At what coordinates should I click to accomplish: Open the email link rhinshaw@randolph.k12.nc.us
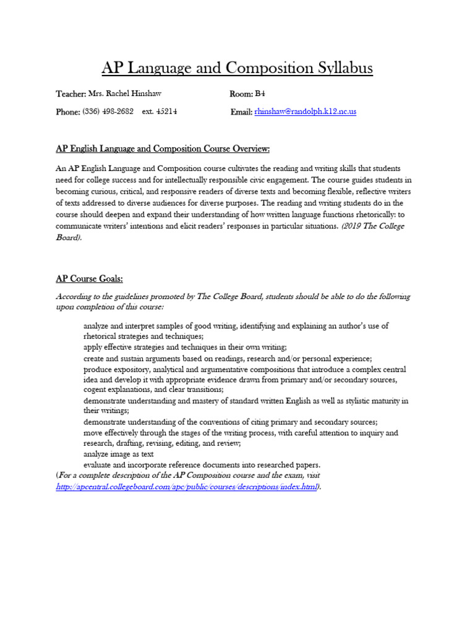pyautogui.click(x=305, y=111)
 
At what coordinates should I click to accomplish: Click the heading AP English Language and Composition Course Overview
pyautogui.click(x=163, y=149)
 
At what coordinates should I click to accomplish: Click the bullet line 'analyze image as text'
pyautogui.click(x=118, y=454)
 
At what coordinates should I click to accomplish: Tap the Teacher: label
pyautogui.click(x=70, y=93)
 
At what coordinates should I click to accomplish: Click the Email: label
pyautogui.click(x=241, y=111)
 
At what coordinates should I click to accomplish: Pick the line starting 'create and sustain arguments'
pyautogui.click(x=227, y=358)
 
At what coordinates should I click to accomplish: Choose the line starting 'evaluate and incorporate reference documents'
pyautogui.click(x=202, y=465)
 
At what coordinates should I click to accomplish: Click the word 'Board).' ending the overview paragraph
pyautogui.click(x=72, y=237)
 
